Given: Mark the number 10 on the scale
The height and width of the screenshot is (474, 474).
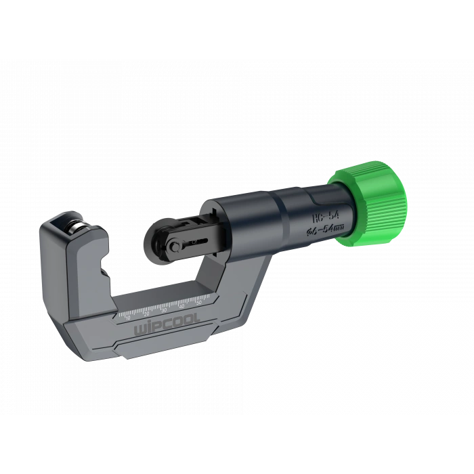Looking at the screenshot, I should tap(129, 316).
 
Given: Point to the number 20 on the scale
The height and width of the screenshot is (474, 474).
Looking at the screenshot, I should tap(146, 311).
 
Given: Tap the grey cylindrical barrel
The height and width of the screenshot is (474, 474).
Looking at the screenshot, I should tap(284, 217).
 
